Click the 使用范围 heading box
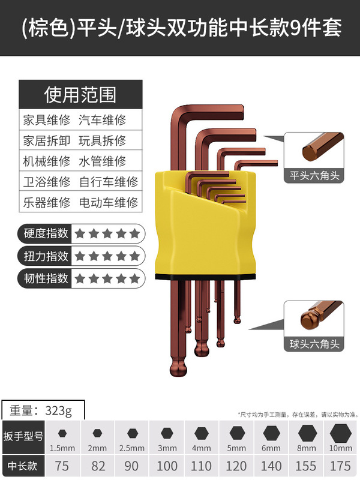(x=80, y=94)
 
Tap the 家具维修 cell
(x=46, y=119)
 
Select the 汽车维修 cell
(x=103, y=119)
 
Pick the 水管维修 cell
(x=103, y=161)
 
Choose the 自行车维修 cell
(x=109, y=181)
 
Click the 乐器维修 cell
(x=46, y=202)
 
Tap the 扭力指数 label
(x=46, y=256)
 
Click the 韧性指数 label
(x=46, y=278)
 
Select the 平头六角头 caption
(x=313, y=176)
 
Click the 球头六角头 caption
(x=313, y=344)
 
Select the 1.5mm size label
(x=62, y=448)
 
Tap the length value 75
(x=62, y=466)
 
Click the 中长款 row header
(x=23, y=466)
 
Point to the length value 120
(x=237, y=466)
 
